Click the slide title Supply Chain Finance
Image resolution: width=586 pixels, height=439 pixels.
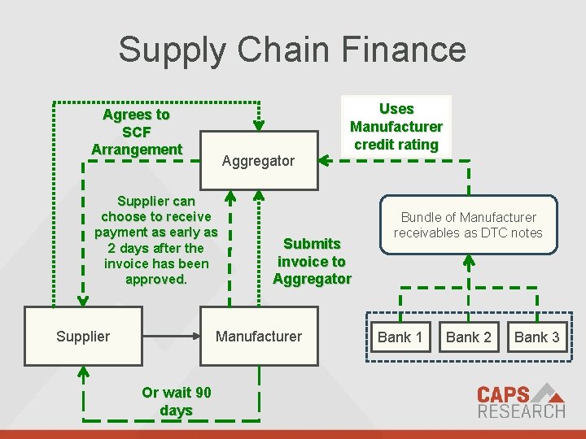(x=292, y=49)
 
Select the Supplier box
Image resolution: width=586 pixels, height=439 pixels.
(x=83, y=337)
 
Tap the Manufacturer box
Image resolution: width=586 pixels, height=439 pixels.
(x=258, y=337)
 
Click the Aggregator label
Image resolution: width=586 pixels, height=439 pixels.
(x=258, y=160)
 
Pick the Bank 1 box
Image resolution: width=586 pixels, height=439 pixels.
(x=400, y=337)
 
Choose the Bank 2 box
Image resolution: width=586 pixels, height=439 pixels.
(x=469, y=337)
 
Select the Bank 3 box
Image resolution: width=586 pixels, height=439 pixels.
(x=536, y=337)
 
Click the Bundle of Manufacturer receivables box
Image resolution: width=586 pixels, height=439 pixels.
(x=468, y=224)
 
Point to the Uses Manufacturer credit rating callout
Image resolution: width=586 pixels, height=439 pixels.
(x=396, y=127)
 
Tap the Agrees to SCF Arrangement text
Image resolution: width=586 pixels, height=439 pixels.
(x=137, y=132)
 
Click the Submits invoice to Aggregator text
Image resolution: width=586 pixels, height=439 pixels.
(x=312, y=261)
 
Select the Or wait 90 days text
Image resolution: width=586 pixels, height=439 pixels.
(x=176, y=402)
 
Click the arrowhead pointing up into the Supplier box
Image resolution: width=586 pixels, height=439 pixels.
(x=83, y=372)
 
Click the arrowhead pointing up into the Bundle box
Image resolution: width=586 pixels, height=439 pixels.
(x=468, y=262)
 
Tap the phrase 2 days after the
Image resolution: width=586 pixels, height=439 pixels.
(x=155, y=248)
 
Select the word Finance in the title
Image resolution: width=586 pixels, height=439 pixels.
(x=405, y=49)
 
